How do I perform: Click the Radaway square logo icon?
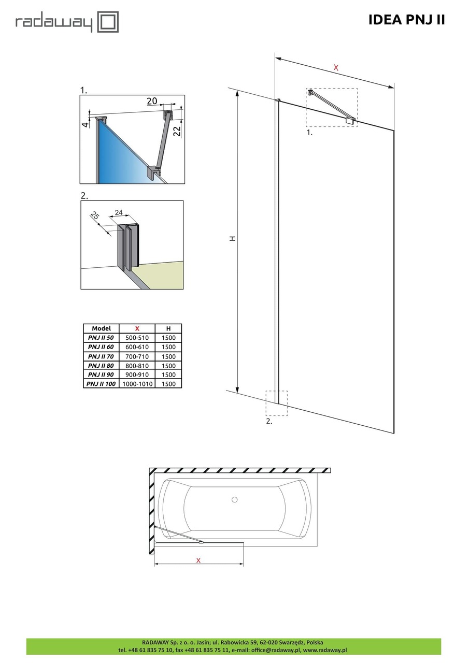tap(108, 22)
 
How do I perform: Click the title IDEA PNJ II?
tap(406, 20)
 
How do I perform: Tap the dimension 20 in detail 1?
tap(152, 101)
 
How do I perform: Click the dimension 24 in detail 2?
tap(119, 212)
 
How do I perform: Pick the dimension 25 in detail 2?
tap(94, 215)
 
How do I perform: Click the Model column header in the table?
tap(101, 328)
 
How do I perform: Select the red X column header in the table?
tap(137, 328)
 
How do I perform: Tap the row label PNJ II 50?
tap(101, 338)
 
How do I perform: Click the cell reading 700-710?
tap(137, 356)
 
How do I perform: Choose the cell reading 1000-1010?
tap(137, 384)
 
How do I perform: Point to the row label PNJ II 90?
tap(101, 374)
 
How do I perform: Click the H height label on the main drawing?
tap(233, 238)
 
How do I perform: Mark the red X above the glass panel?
tap(336, 67)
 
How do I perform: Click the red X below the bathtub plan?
tap(198, 560)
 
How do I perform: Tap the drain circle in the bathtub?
tap(234, 499)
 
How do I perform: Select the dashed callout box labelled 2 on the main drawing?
tap(276, 403)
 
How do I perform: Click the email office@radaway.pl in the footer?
tap(273, 650)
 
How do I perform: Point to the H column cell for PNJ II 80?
tap(168, 366)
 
